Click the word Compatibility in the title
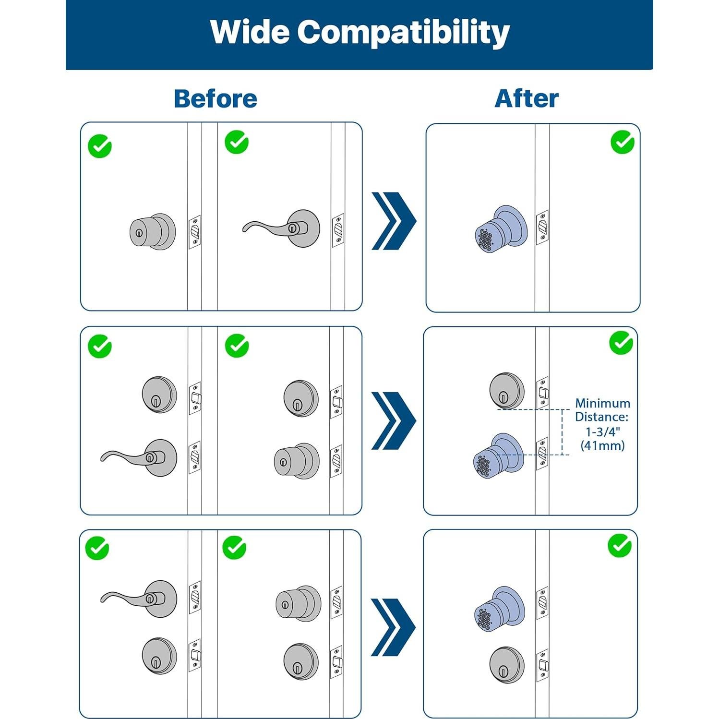point(403,33)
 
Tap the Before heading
point(216,99)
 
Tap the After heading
point(527,99)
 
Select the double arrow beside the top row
point(394,221)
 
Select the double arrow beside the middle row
point(394,420)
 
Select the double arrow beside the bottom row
point(393,627)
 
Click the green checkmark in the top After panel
point(623,142)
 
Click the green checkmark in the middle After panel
point(621,343)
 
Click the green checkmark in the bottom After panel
point(620,546)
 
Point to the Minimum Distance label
point(602,410)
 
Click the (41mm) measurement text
point(602,446)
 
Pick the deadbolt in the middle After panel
point(507,390)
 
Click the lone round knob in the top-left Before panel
point(152,231)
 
